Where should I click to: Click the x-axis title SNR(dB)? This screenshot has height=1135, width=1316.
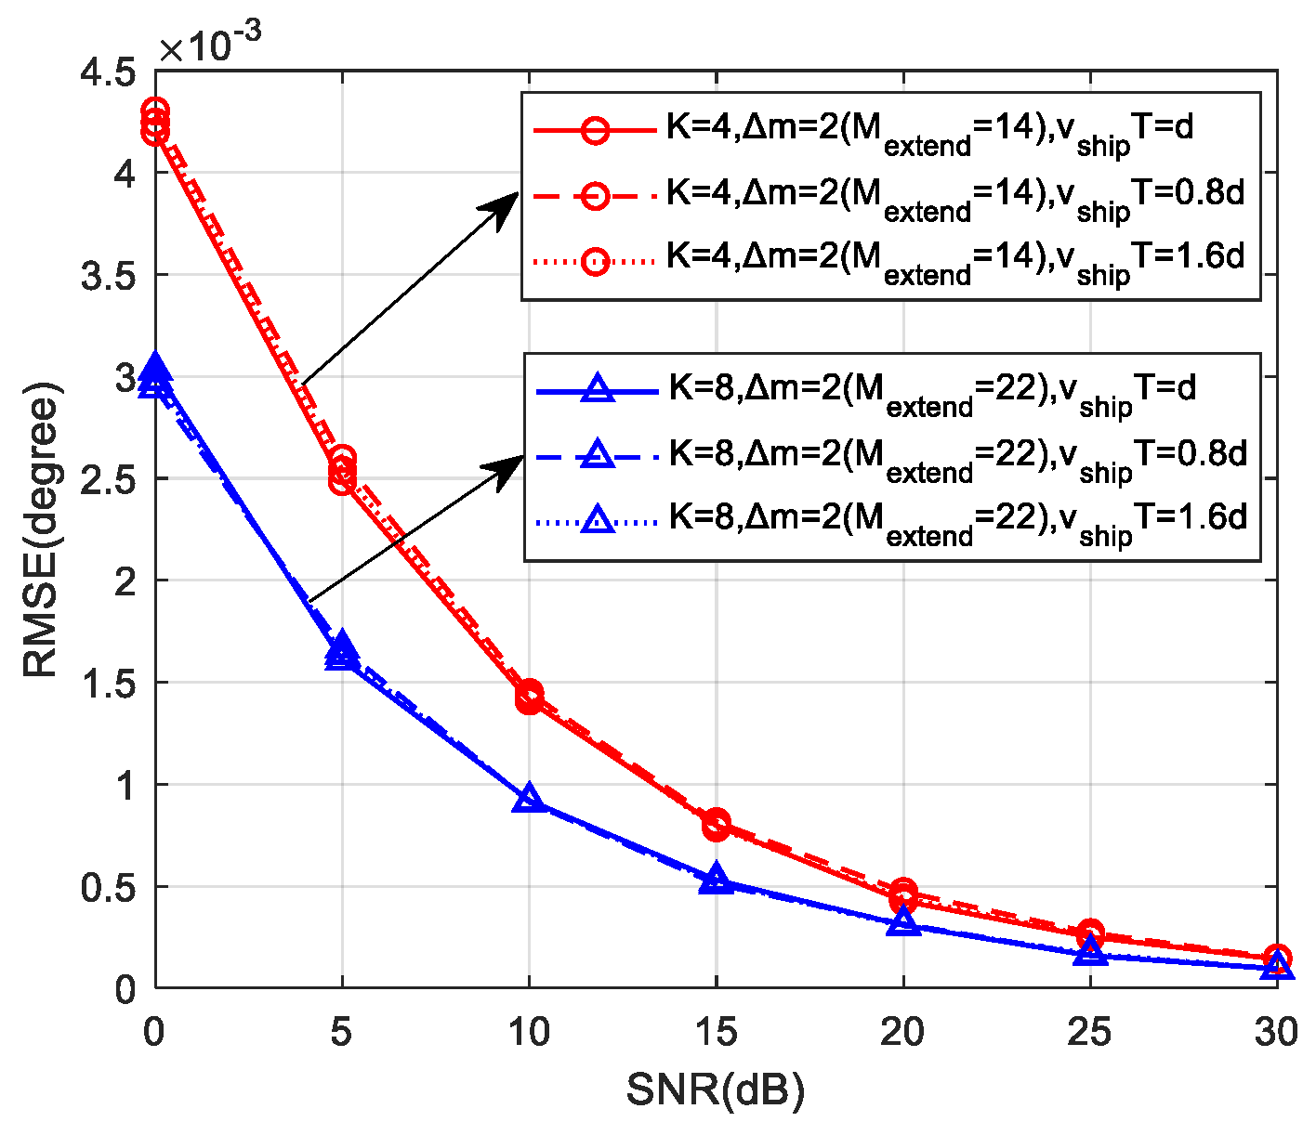click(715, 1090)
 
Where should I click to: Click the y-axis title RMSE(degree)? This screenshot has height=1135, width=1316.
click(43, 530)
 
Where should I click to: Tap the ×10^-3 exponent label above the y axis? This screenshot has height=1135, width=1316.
click(210, 44)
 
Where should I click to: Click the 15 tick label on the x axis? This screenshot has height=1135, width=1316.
click(716, 1031)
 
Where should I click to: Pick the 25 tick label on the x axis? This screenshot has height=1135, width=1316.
click(1090, 1031)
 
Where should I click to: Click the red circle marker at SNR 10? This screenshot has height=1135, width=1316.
click(529, 696)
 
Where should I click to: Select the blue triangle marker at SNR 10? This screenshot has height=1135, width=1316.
click(529, 799)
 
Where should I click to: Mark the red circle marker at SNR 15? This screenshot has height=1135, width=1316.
click(716, 823)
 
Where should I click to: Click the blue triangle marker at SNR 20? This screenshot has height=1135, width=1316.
click(903, 922)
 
